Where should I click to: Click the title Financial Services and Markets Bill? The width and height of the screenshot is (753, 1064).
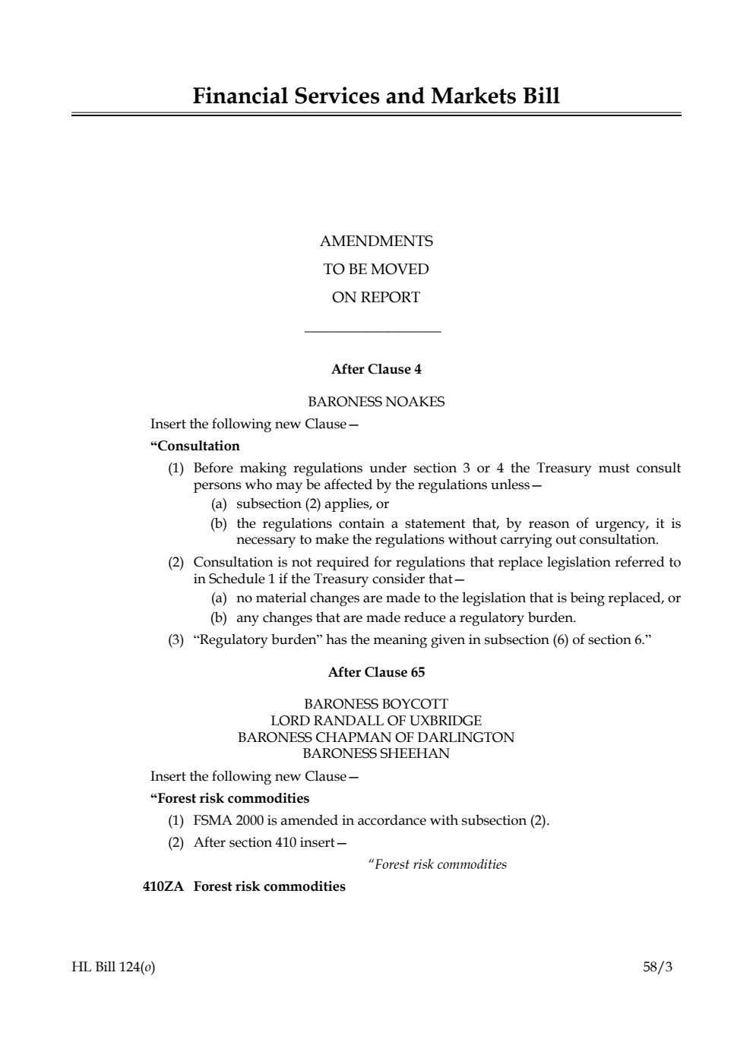coord(376,96)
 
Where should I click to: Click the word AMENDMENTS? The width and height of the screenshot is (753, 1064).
coord(376,242)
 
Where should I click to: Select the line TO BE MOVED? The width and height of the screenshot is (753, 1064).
coord(376,270)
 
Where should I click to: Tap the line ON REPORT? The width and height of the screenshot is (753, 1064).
coord(376,298)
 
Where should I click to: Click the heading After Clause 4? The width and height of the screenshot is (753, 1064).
coord(376,370)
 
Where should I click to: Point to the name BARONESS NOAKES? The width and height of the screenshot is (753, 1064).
coord(376,402)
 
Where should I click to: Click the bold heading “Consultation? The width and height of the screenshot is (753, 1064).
coord(195,446)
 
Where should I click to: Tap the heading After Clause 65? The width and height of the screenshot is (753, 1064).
coord(376,673)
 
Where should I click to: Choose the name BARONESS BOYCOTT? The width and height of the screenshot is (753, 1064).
coord(376,704)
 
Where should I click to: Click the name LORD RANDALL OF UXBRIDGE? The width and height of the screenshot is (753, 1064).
coord(376,721)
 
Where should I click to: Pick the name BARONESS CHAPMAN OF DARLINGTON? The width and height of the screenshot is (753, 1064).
coord(376,737)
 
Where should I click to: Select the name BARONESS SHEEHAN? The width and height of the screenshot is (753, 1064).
coord(376,753)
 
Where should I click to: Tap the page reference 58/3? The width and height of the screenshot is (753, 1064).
coord(657,968)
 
